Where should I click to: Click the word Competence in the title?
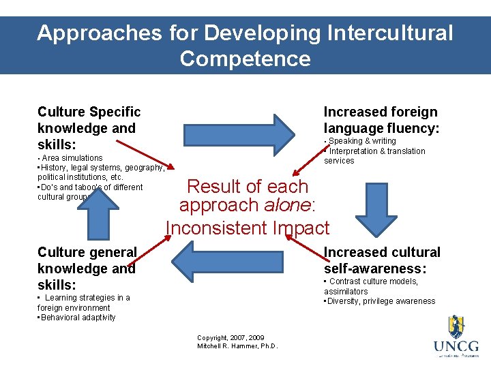[x=245, y=59]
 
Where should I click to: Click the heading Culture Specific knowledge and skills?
[x=89, y=128]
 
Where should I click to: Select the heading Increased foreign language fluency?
[x=381, y=120]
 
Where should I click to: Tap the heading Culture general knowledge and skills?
[x=87, y=269]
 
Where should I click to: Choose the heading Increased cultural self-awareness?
[x=382, y=260]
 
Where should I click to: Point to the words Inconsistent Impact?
[x=247, y=228]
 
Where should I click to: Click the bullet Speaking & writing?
[x=361, y=141]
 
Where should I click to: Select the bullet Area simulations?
[x=72, y=158]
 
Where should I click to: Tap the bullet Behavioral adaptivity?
[x=78, y=318]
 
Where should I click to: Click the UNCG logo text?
[x=456, y=346]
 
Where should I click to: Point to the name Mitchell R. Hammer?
[x=237, y=346]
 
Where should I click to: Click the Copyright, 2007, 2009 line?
[x=230, y=337]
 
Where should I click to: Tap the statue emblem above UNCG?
[x=456, y=326]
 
